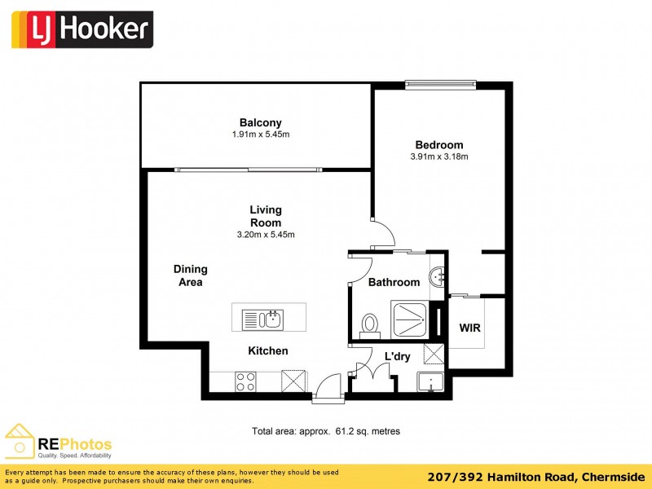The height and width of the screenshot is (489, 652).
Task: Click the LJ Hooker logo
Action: (x=81, y=29)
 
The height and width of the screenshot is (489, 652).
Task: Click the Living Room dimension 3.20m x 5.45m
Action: (x=266, y=235)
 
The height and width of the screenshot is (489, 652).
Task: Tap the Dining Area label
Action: (x=190, y=275)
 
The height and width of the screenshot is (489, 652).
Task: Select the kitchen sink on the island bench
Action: (x=262, y=318)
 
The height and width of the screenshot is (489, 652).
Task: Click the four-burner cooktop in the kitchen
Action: (x=245, y=381)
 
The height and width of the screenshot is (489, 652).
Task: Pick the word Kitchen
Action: (x=268, y=351)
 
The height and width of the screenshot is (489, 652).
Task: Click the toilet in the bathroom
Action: (x=370, y=325)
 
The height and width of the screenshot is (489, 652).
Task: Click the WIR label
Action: (x=470, y=328)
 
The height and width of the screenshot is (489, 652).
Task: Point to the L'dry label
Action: (x=397, y=356)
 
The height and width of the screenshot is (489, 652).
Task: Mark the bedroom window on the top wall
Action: (x=440, y=83)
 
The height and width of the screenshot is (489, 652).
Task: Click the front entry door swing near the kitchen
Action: (x=329, y=386)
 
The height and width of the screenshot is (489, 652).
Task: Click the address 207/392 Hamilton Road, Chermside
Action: (x=535, y=476)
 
